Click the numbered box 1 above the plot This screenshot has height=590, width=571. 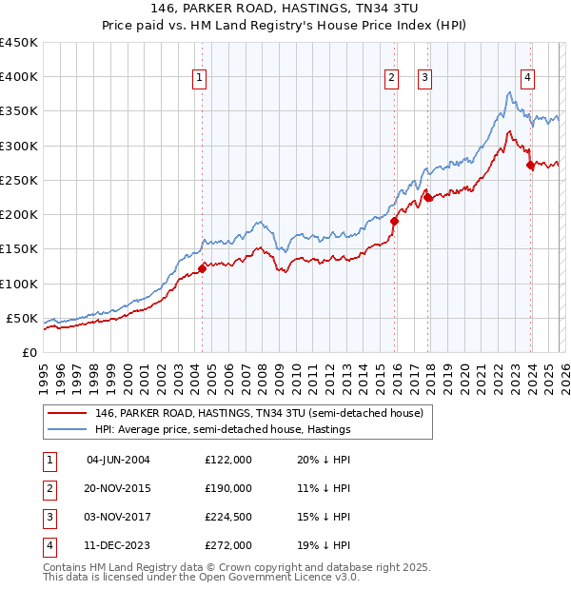tap(200, 79)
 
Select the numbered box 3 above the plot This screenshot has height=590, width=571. tap(424, 79)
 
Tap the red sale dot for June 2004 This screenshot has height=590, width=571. tap(202, 268)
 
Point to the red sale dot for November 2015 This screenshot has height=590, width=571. tap(394, 221)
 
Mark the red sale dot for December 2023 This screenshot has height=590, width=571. tap(530, 165)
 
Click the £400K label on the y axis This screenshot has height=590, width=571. tap(19, 77)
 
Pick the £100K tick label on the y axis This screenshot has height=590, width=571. tap(19, 284)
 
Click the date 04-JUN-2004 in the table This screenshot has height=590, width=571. tap(118, 460)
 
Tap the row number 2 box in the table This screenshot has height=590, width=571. tap(49, 488)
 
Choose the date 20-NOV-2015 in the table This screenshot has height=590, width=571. tap(118, 488)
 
